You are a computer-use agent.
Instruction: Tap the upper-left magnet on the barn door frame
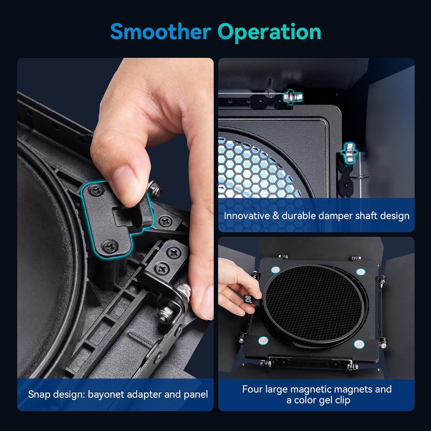[x=276, y=270]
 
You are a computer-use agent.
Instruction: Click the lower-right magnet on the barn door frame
[x=359, y=344]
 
